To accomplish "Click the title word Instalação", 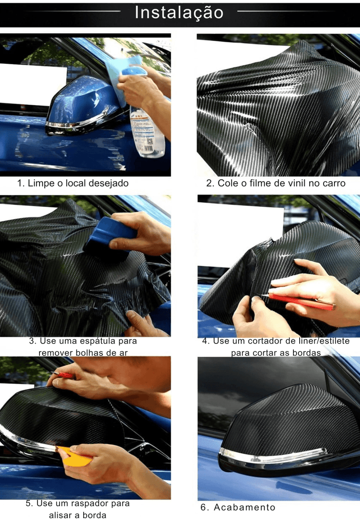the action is (179, 13).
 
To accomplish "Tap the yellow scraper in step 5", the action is (75, 456).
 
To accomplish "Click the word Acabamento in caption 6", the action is (244, 507).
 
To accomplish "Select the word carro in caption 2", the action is (333, 183).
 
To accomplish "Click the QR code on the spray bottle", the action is (150, 141).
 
